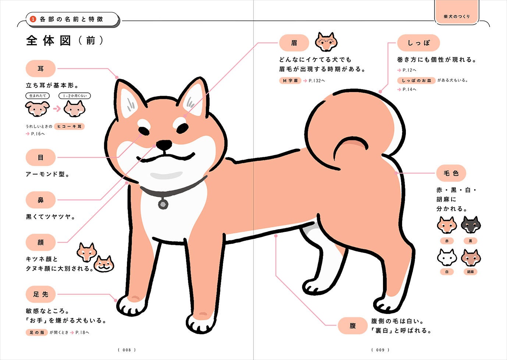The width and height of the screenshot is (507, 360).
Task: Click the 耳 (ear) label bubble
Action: (x=40, y=69)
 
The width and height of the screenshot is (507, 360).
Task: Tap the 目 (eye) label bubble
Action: (x=40, y=158)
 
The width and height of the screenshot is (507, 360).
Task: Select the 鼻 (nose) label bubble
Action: (x=40, y=200)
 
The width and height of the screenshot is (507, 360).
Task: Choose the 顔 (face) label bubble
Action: (x=40, y=243)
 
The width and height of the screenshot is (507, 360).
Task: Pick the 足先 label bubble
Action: (x=40, y=294)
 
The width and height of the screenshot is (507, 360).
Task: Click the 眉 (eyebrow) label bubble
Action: (x=294, y=43)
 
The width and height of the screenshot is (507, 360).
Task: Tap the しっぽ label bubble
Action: (x=418, y=43)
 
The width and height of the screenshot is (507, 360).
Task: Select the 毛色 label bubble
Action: (x=451, y=173)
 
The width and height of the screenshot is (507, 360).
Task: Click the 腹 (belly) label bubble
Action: (x=352, y=326)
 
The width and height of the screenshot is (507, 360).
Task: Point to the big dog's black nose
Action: (x=164, y=145)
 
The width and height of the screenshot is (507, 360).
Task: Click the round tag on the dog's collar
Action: (x=163, y=204)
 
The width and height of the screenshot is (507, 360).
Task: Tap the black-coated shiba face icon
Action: (x=471, y=225)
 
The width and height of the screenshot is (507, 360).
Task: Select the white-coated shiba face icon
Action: (x=447, y=257)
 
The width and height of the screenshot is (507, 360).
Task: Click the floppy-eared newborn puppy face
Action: (x=37, y=109)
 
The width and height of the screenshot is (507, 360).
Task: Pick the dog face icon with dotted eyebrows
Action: (x=326, y=42)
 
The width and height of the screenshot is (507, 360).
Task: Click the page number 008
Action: (x=127, y=350)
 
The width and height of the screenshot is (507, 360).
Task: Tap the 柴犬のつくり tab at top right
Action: (x=457, y=16)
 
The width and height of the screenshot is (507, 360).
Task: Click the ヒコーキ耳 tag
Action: (x=69, y=126)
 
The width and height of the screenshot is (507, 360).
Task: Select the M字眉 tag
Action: (x=290, y=81)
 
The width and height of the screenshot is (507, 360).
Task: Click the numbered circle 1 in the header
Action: (x=33, y=19)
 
